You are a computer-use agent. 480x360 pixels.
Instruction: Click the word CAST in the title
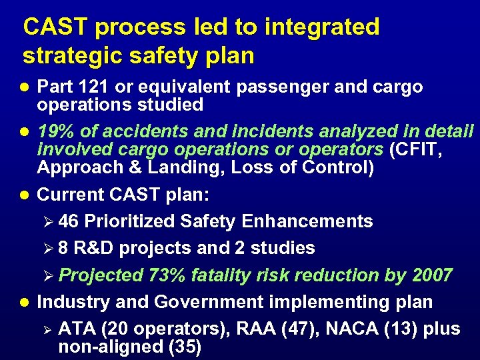55,27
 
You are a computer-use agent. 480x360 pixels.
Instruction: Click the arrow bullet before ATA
45,330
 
